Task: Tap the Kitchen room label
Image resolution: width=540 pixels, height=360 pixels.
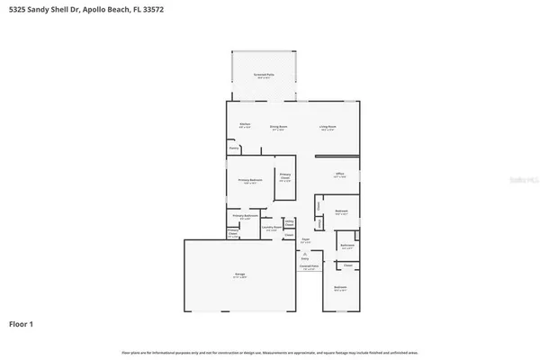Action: coord(244,125)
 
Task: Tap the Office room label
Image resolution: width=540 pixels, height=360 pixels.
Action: coord(339,175)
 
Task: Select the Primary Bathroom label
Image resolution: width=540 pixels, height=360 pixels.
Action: coord(246,216)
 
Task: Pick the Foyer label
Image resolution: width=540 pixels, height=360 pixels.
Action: coord(305,240)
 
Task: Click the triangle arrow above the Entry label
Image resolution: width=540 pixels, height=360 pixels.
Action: coord(305,253)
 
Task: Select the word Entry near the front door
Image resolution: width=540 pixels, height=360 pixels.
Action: coord(305,258)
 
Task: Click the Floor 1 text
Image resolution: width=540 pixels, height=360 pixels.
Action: coord(22,322)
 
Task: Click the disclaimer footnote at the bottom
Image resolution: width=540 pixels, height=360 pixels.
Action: coord(270,351)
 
